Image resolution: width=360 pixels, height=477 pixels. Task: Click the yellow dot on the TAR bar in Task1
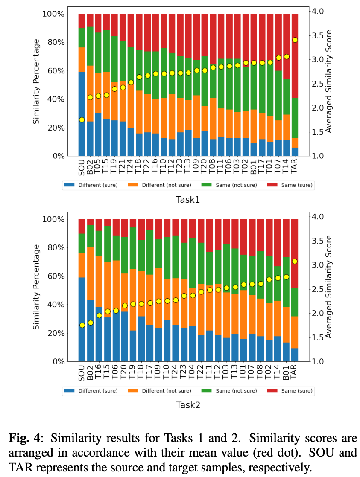295,40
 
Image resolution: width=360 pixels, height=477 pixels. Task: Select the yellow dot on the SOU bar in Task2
82,325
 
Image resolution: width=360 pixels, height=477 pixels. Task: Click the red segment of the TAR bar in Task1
295,55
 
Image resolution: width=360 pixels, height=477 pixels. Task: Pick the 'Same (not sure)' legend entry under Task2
231,390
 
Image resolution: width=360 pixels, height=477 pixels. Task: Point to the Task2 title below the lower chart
188,405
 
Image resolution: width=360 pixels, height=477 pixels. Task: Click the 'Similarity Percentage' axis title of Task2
37,287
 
